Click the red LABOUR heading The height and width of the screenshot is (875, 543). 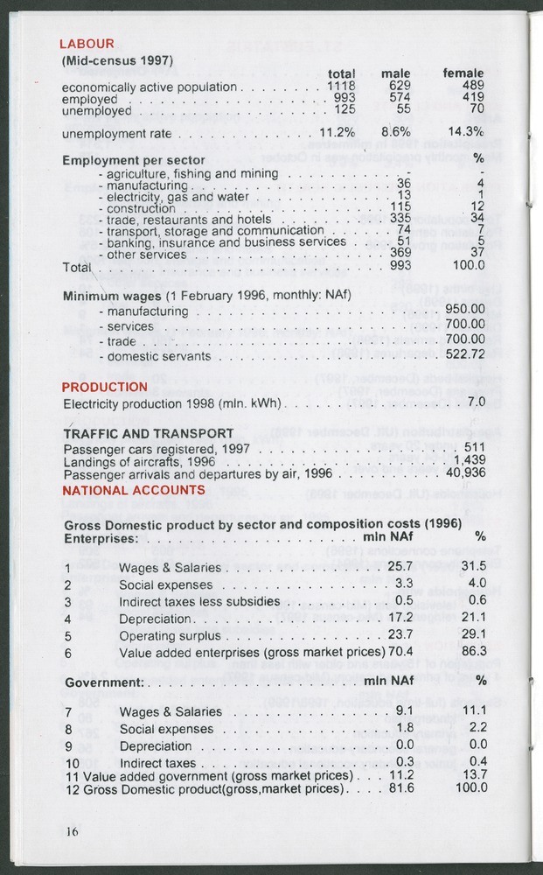tap(87, 44)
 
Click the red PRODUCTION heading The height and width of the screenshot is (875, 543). tap(105, 387)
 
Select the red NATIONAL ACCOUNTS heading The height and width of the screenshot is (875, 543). tap(133, 491)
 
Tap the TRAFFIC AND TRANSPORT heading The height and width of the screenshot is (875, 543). tap(149, 433)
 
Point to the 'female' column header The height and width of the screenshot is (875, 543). tap(463, 73)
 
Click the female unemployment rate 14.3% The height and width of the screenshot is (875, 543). tap(465, 133)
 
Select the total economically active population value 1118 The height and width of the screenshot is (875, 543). tap(341, 87)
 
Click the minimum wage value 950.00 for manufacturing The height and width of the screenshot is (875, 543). tap(464, 310)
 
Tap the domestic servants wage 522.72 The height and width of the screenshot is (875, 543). tap(464, 356)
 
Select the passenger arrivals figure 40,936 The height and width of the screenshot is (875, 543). tap(465, 474)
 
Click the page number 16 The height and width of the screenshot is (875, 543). tap(71, 831)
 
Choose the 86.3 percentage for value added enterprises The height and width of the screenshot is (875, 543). tap(473, 651)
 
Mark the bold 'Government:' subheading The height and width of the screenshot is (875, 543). tap(103, 682)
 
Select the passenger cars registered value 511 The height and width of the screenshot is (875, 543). tap(473, 448)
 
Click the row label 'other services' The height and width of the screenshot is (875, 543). tap(146, 255)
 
